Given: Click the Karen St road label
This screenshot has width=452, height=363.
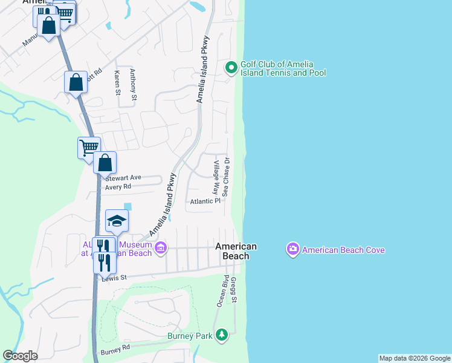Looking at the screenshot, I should point(117,82).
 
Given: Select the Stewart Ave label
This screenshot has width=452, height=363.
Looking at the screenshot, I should point(123,178).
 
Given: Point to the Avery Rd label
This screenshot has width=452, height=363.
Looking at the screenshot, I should point(118,187).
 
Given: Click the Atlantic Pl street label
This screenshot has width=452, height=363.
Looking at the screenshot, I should point(205,201).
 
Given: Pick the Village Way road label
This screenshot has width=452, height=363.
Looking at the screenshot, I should point(216,176).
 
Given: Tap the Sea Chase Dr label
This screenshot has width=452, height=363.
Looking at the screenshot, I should point(227,177).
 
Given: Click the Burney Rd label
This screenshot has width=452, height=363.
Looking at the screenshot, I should point(115,350).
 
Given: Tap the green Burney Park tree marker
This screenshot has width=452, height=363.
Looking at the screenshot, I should point(222,335).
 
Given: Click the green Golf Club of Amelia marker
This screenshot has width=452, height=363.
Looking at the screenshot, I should point(231,68).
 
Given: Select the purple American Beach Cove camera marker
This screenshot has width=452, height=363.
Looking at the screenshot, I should point(293,249).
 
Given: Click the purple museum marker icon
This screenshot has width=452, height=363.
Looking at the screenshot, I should point(160,247).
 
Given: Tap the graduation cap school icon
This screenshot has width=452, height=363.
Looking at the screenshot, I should point(117,221).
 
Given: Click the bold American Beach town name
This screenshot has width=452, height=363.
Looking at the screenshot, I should point(236,251).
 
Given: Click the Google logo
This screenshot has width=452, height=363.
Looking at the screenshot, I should point(20,356).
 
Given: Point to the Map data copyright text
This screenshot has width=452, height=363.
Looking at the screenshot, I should point(415,358).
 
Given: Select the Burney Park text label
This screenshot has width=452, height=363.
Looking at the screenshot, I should point(190,335).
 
